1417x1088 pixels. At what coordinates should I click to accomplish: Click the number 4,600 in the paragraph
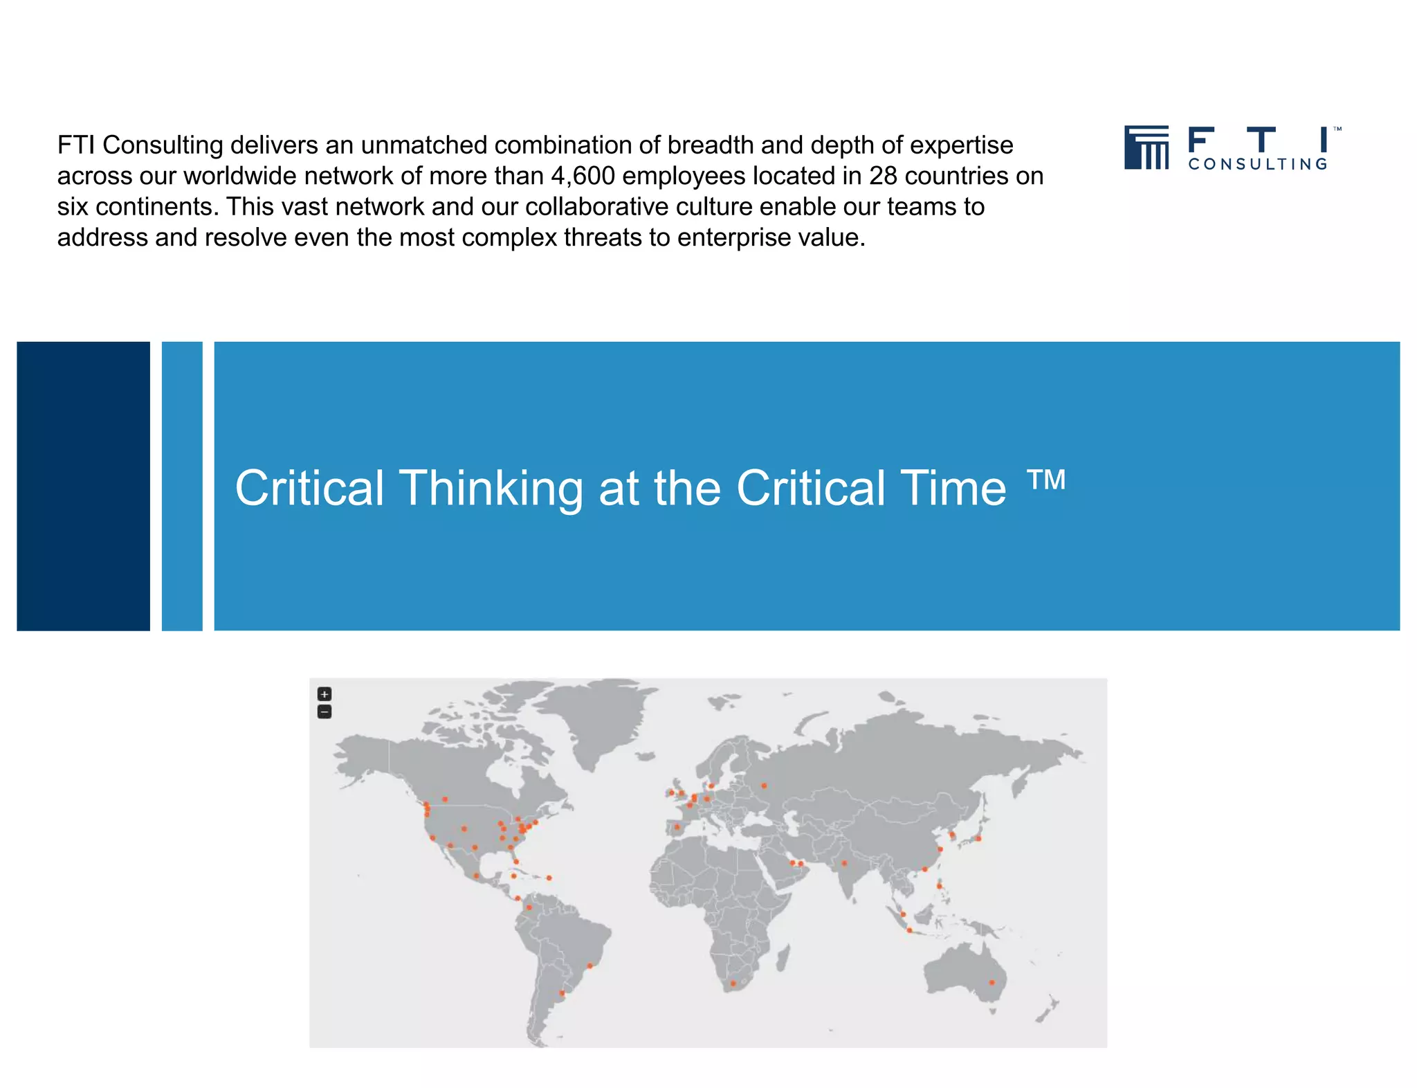pyautogui.click(x=583, y=176)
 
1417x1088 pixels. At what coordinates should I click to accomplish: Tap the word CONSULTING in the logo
pyautogui.click(x=1258, y=164)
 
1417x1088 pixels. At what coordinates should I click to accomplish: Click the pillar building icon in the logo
pyautogui.click(x=1146, y=147)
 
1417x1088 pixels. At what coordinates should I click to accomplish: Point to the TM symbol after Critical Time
pyautogui.click(x=1046, y=479)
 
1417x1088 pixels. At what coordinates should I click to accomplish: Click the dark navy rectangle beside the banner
pyautogui.click(x=83, y=486)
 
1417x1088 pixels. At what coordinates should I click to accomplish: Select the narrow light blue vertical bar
pyautogui.click(x=182, y=486)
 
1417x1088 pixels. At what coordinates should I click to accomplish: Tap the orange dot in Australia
pyautogui.click(x=991, y=982)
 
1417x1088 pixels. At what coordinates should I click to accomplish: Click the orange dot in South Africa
pyautogui.click(x=733, y=983)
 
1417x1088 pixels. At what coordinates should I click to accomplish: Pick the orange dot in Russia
pyautogui.click(x=764, y=786)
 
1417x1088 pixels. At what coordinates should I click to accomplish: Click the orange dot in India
pyautogui.click(x=844, y=863)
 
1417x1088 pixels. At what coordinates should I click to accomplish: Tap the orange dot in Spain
pyautogui.click(x=677, y=827)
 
